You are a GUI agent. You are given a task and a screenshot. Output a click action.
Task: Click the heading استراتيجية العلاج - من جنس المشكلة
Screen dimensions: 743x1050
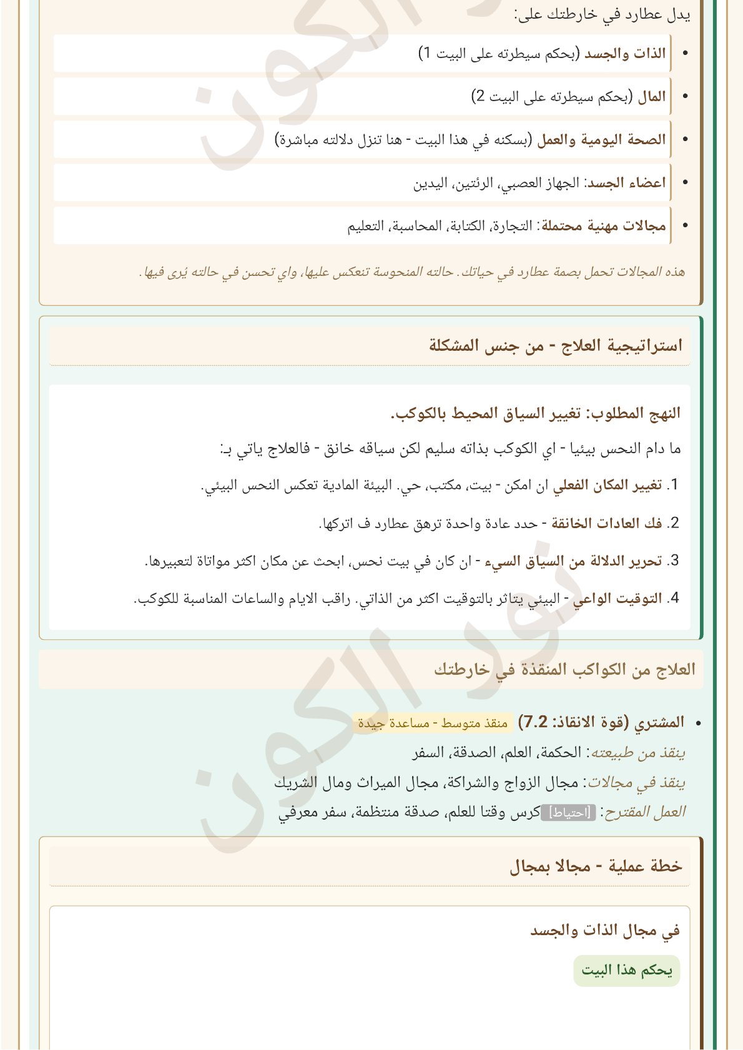[555, 345]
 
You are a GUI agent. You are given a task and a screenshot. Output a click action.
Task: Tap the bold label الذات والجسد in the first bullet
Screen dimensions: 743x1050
[625, 54]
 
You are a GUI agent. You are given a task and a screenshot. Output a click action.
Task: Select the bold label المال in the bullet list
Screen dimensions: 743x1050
[652, 97]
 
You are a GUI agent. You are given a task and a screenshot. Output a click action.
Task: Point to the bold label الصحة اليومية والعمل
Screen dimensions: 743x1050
[601, 140]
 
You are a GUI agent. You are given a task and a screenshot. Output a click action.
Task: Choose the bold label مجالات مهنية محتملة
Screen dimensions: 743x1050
[604, 226]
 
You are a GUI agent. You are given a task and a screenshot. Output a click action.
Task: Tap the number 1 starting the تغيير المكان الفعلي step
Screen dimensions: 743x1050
[673, 486]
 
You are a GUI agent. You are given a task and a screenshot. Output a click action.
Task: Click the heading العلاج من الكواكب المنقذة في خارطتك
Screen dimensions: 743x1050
[564, 670]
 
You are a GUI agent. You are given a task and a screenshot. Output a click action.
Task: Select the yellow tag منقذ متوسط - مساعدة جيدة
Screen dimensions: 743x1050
[433, 724]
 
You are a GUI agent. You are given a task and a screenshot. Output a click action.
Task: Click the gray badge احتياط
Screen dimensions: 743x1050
[568, 813]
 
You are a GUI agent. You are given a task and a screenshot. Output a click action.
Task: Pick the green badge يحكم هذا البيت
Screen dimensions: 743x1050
[626, 971]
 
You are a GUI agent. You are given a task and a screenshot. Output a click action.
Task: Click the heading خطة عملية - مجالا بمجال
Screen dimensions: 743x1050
[596, 866]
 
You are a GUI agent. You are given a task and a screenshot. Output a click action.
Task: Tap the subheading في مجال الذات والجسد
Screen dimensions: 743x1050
[604, 931]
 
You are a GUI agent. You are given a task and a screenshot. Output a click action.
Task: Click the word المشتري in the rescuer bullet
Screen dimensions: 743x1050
[659, 723]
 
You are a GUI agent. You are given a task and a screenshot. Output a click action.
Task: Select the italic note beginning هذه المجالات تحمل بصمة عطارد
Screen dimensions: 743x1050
[412, 272]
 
